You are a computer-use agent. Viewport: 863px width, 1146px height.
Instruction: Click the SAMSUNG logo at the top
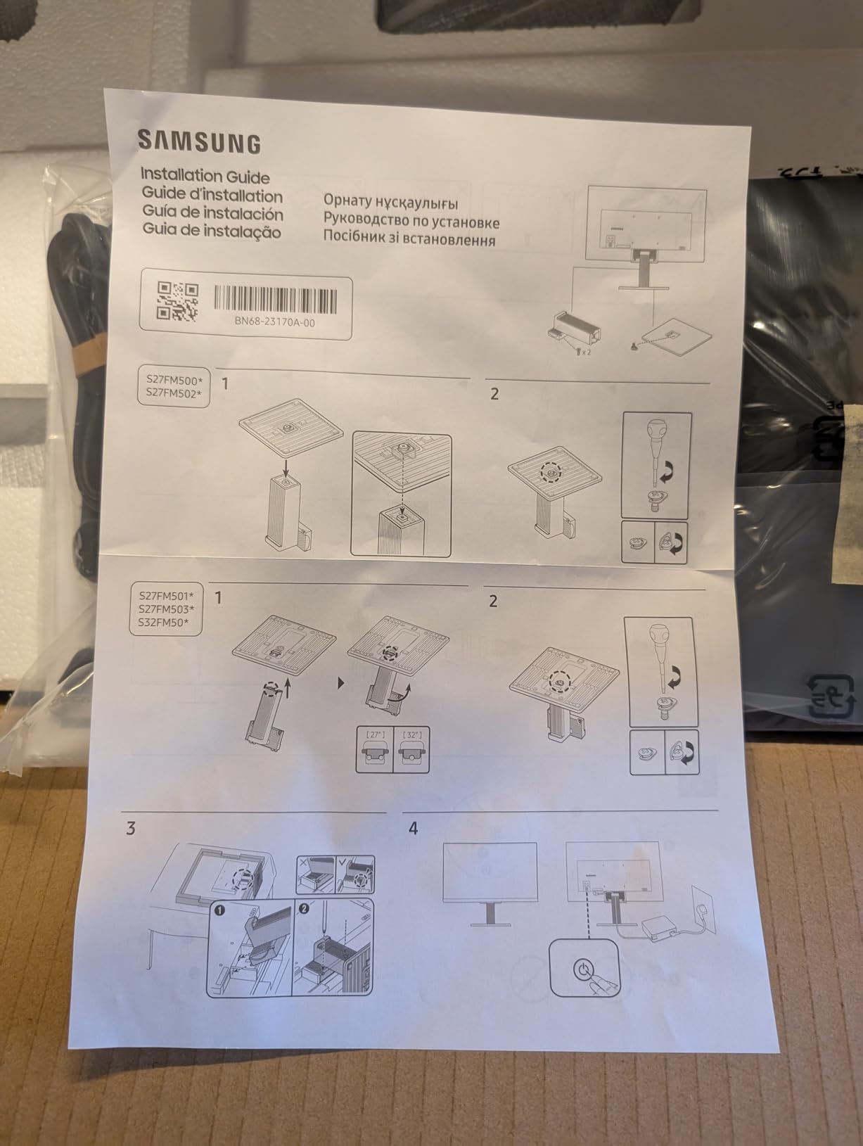(199, 142)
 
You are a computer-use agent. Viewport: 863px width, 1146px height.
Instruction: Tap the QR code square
(177, 302)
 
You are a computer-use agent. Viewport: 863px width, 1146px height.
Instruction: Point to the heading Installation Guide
(205, 175)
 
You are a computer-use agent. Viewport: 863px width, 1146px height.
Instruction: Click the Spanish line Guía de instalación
(212, 212)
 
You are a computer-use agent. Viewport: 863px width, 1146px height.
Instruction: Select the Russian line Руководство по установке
(411, 222)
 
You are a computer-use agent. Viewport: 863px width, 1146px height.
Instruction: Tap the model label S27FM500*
(173, 380)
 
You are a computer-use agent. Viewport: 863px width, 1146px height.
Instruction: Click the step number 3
(131, 828)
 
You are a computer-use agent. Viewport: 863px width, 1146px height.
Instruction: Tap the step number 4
(413, 828)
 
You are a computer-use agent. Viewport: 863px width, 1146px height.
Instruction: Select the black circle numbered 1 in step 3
(219, 909)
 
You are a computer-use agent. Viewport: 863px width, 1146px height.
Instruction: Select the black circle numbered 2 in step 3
(304, 908)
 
